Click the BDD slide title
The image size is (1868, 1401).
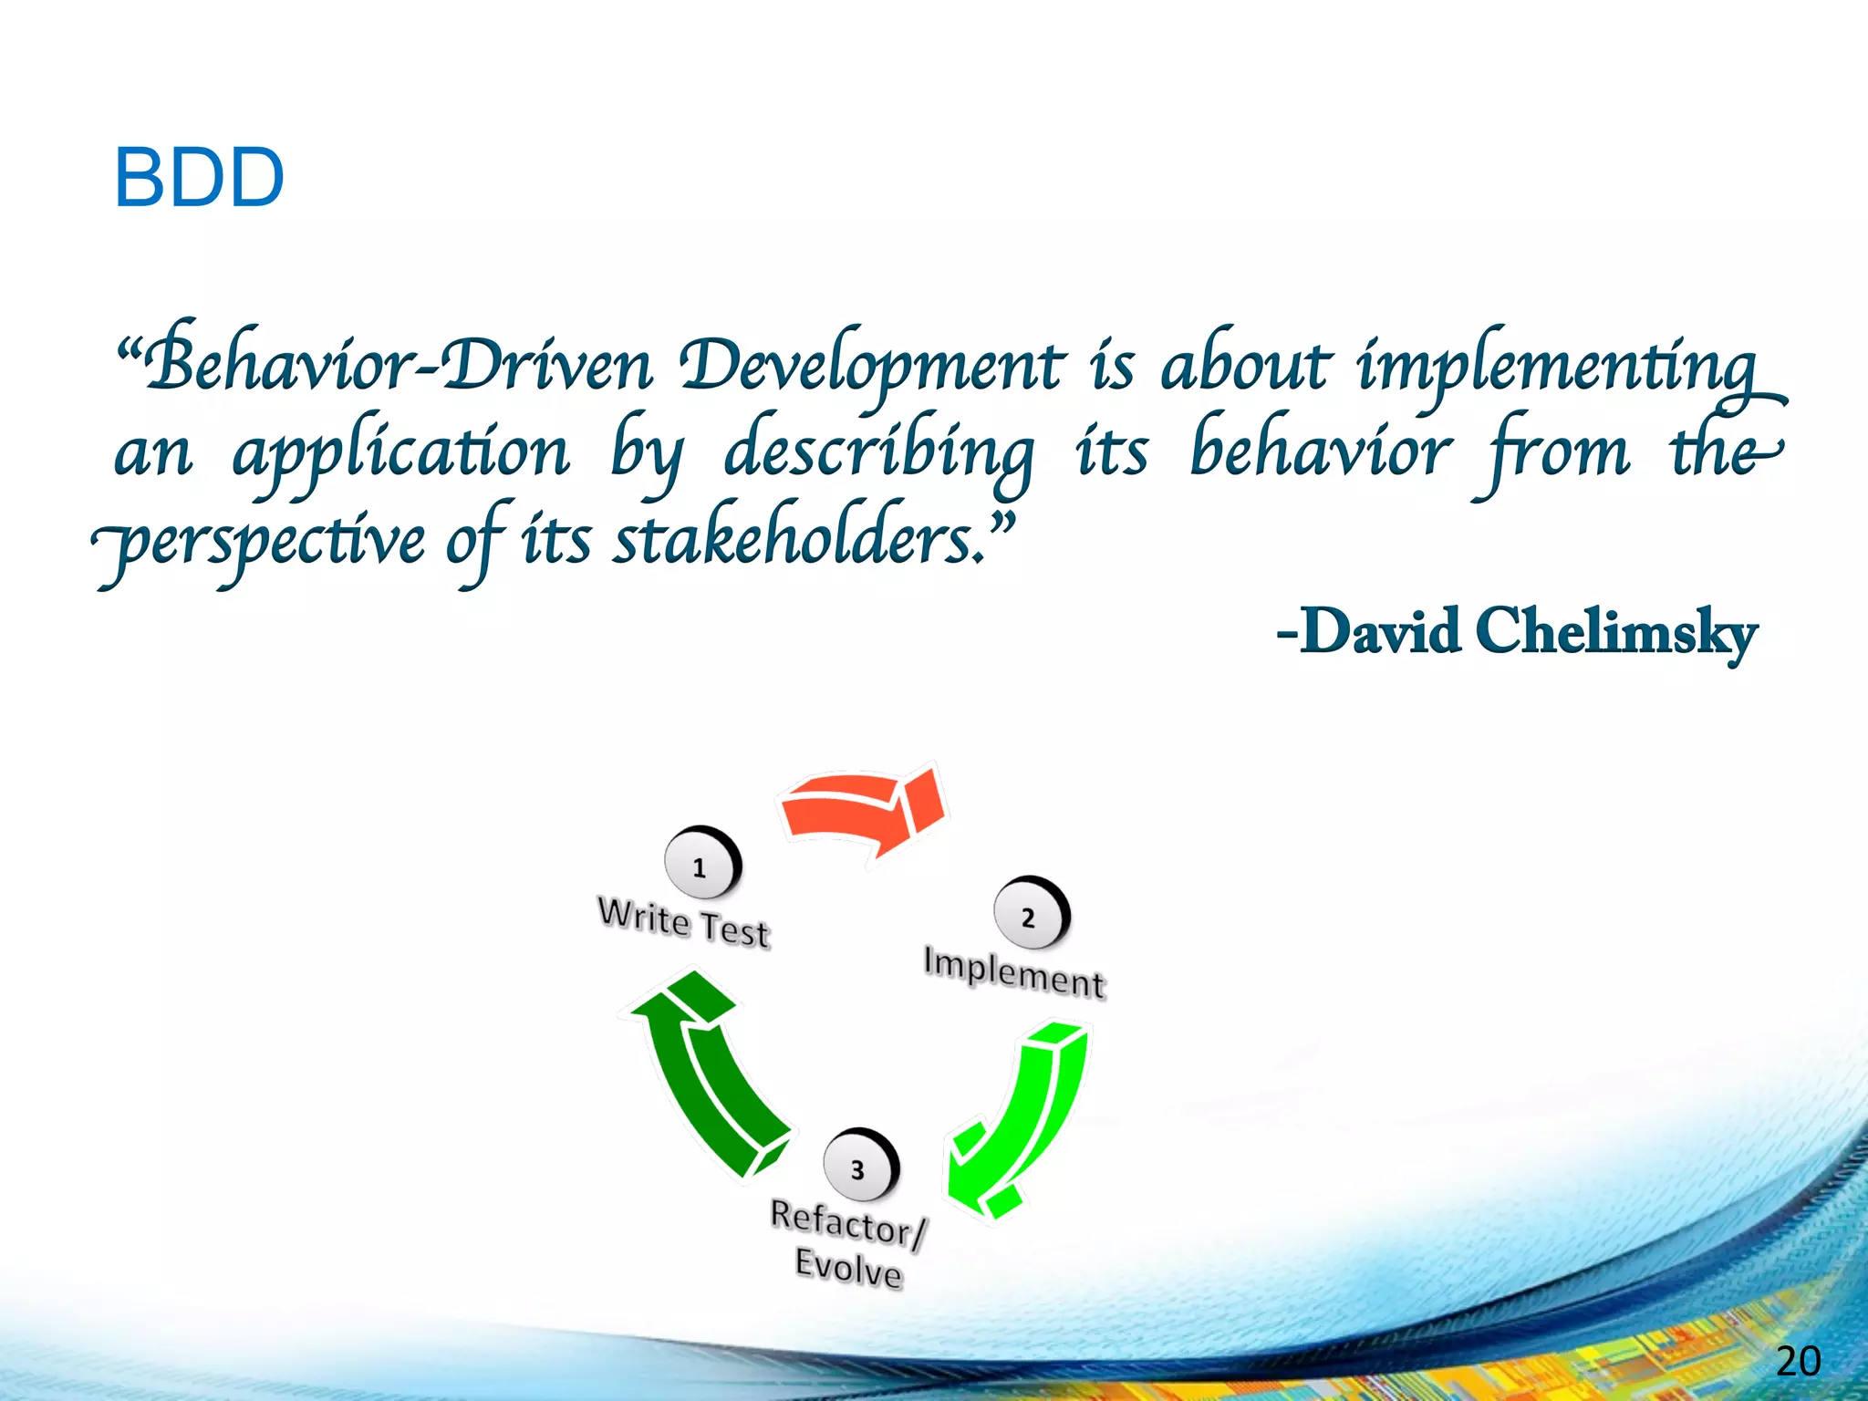(x=199, y=178)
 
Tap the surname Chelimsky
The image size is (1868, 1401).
(x=1614, y=631)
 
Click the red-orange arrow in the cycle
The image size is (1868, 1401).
(x=862, y=807)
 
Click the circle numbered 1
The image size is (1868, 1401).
(x=700, y=865)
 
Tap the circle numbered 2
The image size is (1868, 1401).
(x=1029, y=915)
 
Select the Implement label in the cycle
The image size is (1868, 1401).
(x=1013, y=973)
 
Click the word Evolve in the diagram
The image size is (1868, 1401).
(x=848, y=1268)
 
